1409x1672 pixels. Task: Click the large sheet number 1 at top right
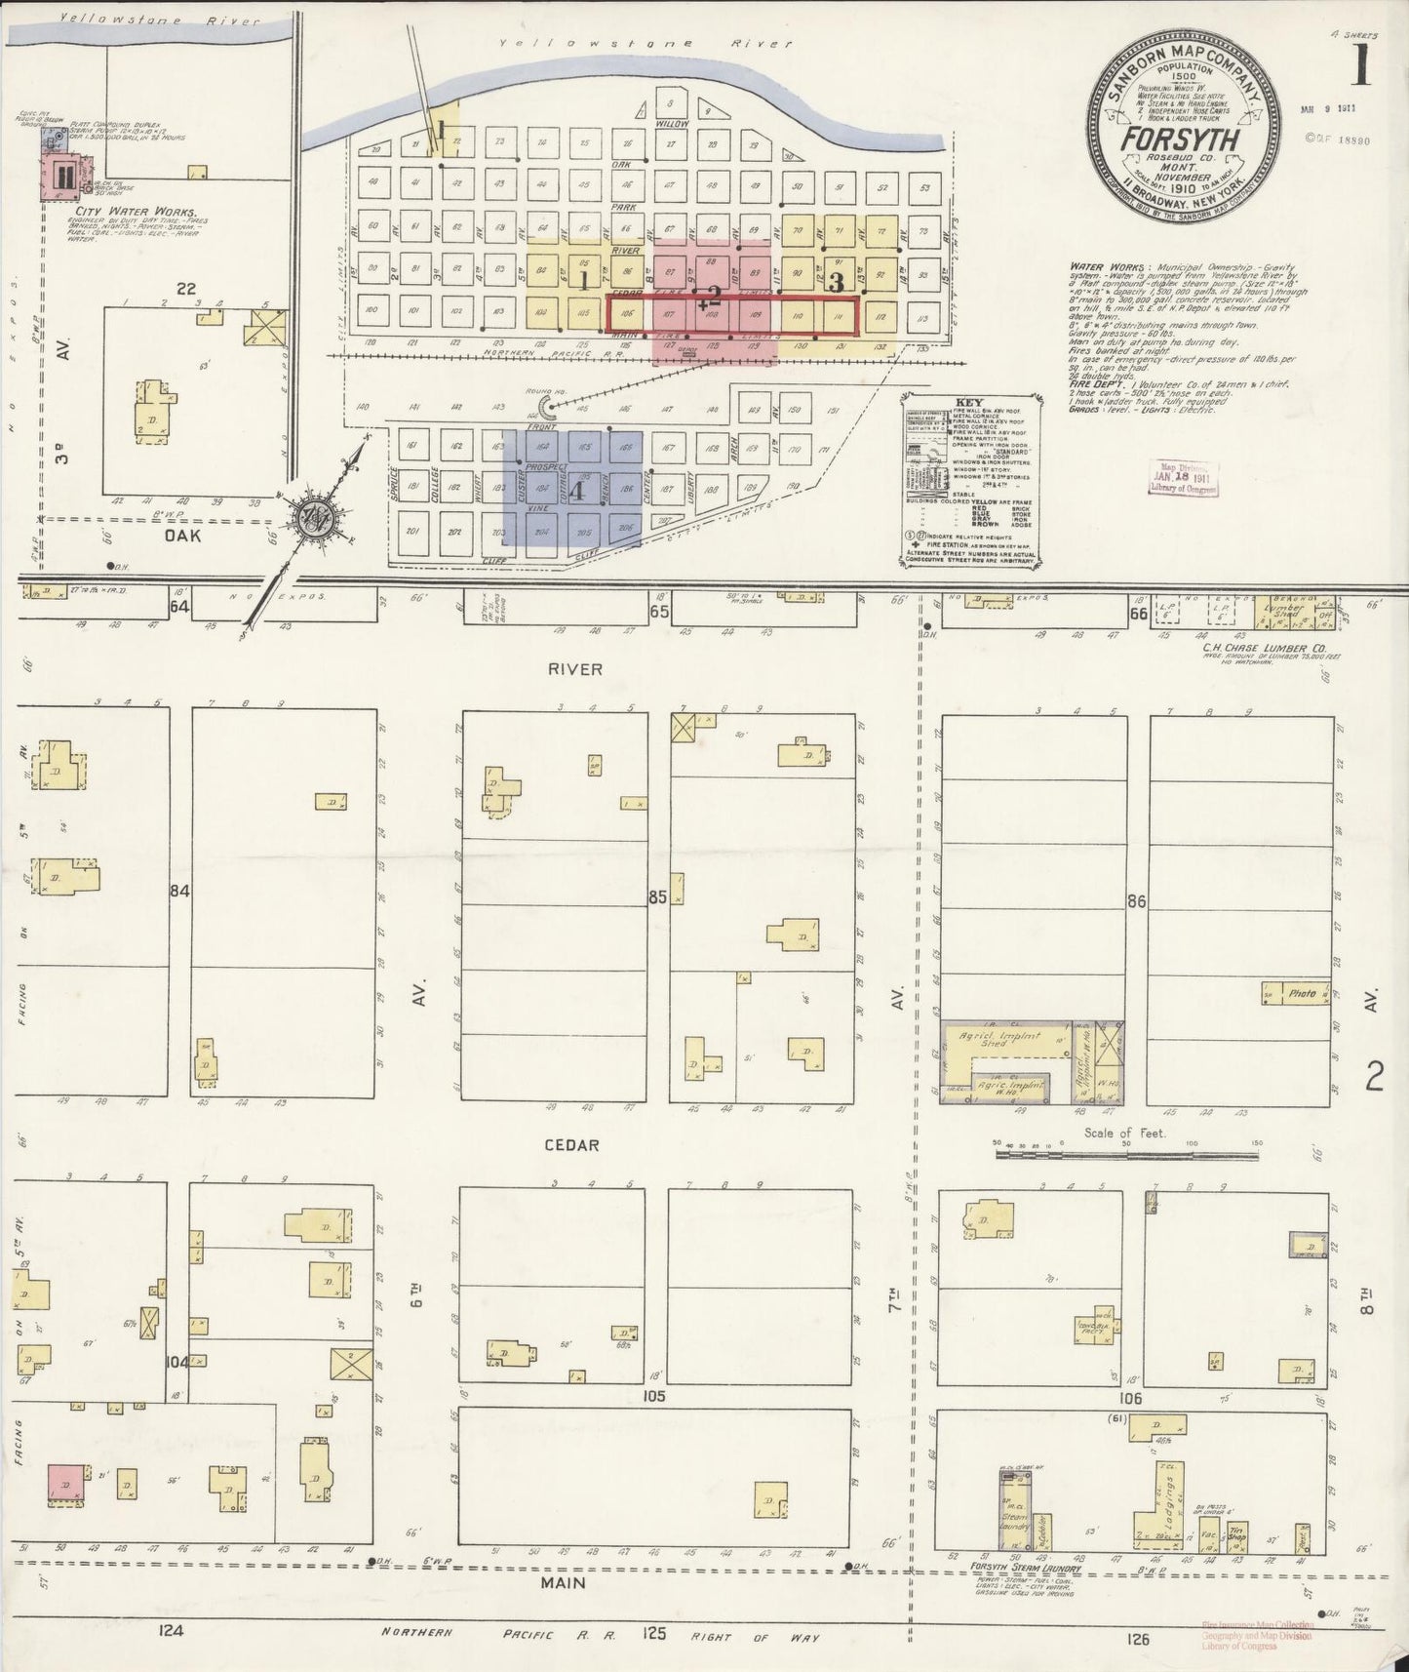pyautogui.click(x=1362, y=65)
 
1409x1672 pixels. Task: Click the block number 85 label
pyautogui.click(x=657, y=896)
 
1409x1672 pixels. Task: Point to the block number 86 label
pyautogui.click(x=1135, y=901)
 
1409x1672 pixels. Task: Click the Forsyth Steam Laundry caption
pyautogui.click(x=1016, y=1569)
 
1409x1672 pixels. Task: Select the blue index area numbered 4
pyautogui.click(x=572, y=495)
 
